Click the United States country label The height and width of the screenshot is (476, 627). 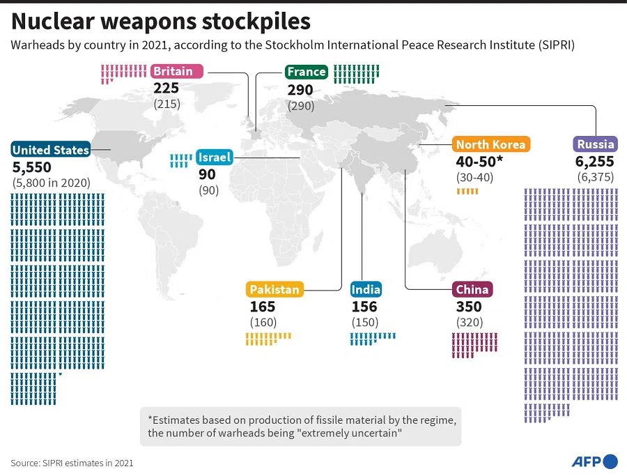pos(51,149)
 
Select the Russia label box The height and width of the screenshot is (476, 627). pos(596,144)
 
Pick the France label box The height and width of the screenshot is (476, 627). pos(306,72)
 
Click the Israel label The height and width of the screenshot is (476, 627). pos(215,157)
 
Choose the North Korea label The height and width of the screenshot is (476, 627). pos(490,144)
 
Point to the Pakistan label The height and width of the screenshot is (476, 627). pos(274,289)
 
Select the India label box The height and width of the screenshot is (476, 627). pos(365,289)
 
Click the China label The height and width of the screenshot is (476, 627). pos(472,289)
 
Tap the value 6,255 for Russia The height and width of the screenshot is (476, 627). pos(596,161)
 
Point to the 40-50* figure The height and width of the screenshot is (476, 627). pos(480,161)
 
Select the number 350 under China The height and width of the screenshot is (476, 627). pos(470,306)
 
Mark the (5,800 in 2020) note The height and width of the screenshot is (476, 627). pos(52,183)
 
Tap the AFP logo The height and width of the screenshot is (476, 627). pos(594,461)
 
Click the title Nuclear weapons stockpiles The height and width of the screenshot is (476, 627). pos(160,22)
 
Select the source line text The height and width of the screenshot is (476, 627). pos(72,462)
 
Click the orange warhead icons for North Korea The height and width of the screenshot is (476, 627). pos(467,191)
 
